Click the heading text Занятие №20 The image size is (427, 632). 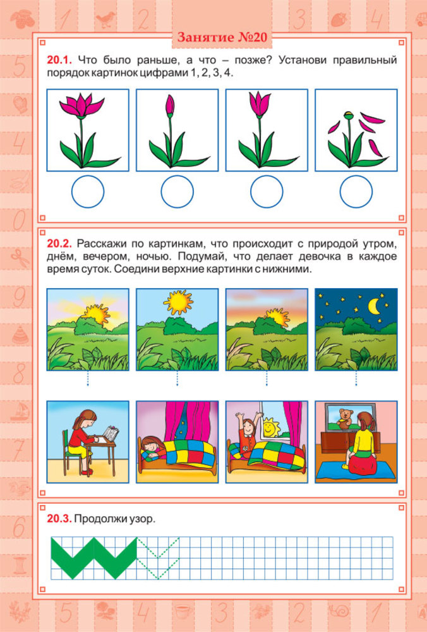222,37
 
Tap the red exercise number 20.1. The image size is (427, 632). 59,61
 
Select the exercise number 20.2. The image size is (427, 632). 59,244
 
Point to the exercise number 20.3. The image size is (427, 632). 59,519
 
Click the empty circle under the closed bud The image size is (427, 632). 177,192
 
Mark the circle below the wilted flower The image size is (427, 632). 356,192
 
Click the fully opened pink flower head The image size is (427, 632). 81,104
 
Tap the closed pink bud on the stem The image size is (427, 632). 170,106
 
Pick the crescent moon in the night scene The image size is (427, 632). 375,307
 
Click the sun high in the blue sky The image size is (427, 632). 178,302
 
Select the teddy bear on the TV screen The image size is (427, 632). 345,418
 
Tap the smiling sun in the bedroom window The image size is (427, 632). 270,428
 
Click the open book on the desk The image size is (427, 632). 111,434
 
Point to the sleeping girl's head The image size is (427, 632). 150,447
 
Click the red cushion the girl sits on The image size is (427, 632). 361,463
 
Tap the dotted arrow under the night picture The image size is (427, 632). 356,379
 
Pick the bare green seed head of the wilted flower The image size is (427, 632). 349,115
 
